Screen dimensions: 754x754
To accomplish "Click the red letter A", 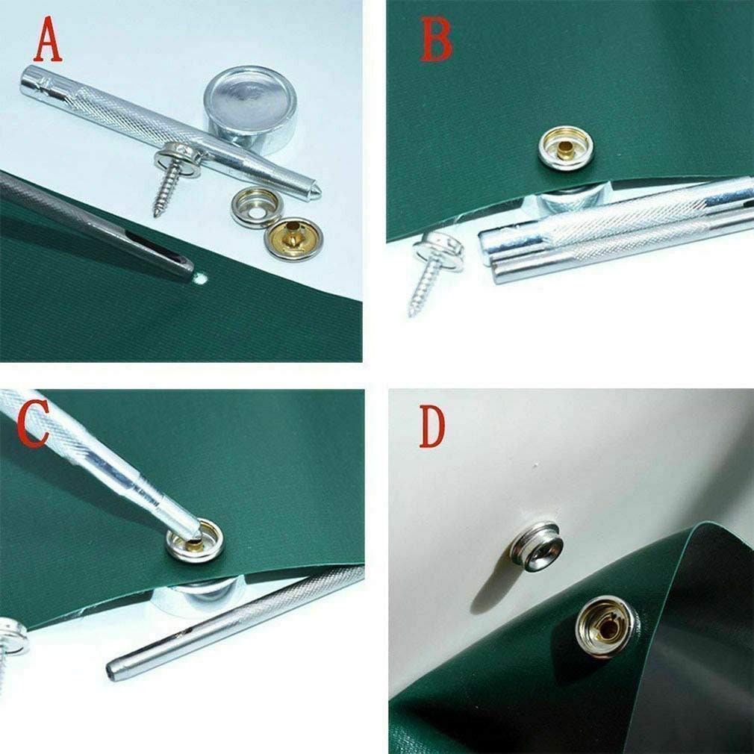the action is coord(48,40).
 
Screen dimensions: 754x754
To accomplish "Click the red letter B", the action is coord(436,39).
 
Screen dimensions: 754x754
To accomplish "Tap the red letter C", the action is coord(33,423).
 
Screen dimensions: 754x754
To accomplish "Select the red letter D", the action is coord(432,427).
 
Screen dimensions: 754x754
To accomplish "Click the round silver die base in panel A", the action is coord(250,108).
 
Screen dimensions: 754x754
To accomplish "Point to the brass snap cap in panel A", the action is coord(294,239).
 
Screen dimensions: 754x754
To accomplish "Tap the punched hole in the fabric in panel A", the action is coord(200,278).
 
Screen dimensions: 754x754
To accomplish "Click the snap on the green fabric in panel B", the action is coord(566,148).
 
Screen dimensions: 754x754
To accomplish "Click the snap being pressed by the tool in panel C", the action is coord(195,540).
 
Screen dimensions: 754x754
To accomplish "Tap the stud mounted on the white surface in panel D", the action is coord(538,546).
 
